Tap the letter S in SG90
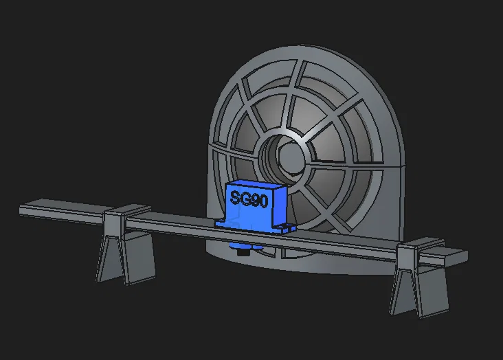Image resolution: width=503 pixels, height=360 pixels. tap(235, 200)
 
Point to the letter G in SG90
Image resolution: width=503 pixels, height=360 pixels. tap(245, 199)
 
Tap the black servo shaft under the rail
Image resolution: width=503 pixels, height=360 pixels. tap(243, 254)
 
